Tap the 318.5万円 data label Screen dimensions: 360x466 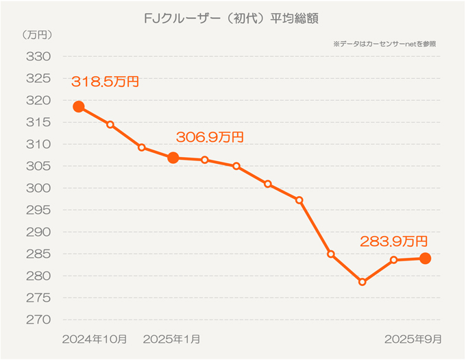coord(105,82)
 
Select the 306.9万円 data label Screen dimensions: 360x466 coord(210,137)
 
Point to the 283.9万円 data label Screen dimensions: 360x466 coord(394,241)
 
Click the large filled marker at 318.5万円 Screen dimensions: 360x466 coord(79,106)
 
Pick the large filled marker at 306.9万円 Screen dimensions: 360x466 coord(173,158)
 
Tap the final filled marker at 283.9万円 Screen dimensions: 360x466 coord(425,259)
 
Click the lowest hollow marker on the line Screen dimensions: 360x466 coord(363,282)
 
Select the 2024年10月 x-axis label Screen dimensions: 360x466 coord(95,339)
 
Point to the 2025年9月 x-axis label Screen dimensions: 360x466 coord(413,339)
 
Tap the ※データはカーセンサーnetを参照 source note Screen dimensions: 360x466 coord(384,43)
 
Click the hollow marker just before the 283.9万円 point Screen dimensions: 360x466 coord(394,260)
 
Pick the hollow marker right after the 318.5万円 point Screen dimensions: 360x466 coord(110,124)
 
